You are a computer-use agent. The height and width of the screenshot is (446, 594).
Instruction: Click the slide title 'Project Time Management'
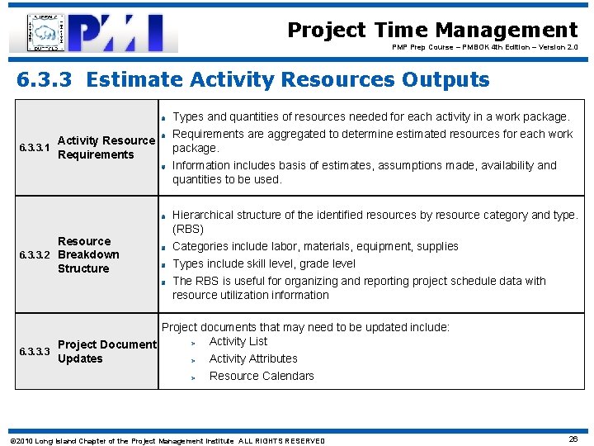click(432, 31)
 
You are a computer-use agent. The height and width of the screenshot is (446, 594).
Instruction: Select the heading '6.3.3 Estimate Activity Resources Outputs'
click(253, 80)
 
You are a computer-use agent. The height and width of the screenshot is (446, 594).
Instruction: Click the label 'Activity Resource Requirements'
click(106, 148)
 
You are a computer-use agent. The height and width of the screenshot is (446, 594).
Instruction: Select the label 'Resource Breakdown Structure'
click(88, 254)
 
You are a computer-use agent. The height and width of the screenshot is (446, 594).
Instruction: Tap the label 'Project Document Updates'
click(106, 351)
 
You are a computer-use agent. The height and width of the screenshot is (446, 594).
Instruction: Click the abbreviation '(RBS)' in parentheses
click(188, 229)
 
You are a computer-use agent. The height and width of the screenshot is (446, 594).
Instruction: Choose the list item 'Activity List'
click(238, 341)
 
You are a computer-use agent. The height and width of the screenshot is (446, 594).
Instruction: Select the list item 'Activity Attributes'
click(253, 358)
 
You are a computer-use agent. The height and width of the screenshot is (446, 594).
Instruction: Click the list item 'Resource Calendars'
click(262, 376)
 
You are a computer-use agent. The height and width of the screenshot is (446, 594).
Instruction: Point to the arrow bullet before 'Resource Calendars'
click(194, 377)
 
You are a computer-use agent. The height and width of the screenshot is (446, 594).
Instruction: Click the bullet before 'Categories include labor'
click(165, 247)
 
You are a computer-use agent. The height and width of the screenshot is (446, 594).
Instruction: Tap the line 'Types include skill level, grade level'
click(264, 263)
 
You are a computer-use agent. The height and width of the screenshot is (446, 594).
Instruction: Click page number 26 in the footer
click(573, 439)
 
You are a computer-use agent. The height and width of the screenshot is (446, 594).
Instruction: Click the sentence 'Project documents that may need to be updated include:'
click(305, 327)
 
